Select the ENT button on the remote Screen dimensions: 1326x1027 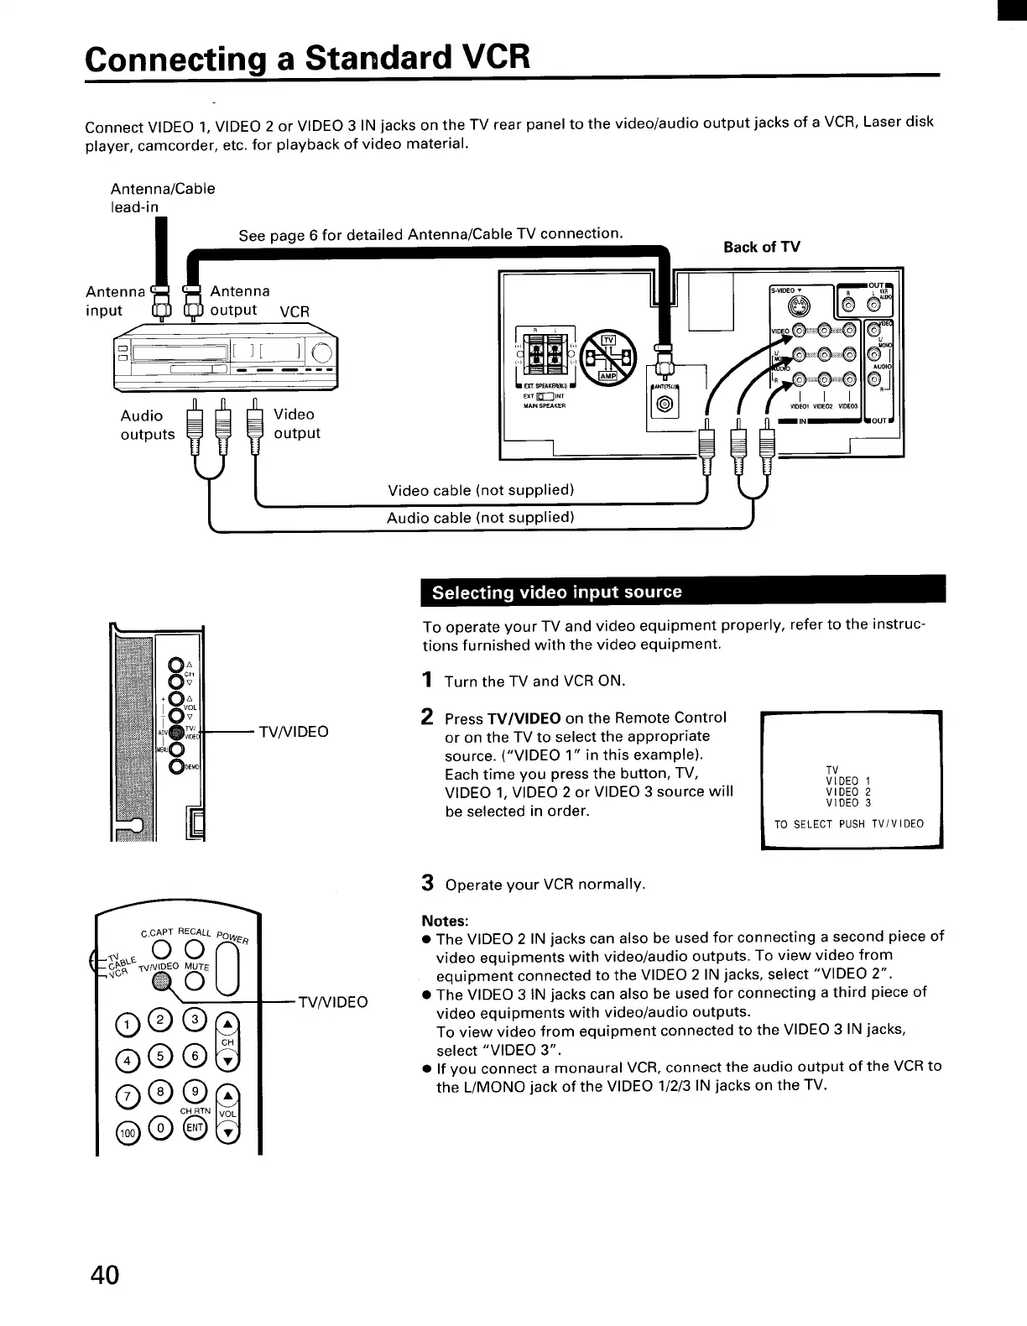(195, 1127)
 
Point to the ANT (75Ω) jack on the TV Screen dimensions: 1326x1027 (665, 407)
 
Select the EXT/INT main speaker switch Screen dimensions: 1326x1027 (542, 397)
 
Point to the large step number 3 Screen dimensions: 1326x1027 (427, 883)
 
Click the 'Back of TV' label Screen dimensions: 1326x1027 (761, 247)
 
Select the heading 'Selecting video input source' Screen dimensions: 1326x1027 (556, 592)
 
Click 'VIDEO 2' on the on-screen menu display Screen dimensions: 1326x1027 (847, 791)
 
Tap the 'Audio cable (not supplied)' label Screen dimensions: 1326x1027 (480, 518)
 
